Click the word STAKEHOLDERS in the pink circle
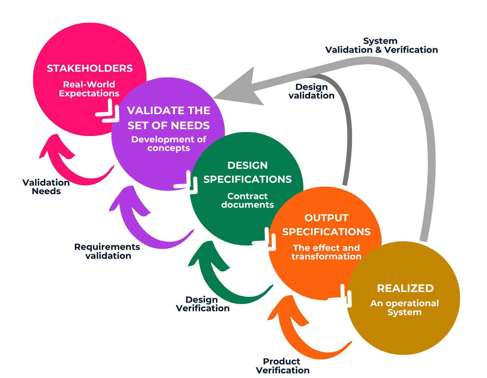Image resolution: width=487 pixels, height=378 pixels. point(90,69)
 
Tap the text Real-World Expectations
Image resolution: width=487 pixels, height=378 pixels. point(89,89)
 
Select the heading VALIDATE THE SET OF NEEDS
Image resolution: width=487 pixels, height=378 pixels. point(169,118)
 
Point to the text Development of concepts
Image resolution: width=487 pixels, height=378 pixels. point(169,143)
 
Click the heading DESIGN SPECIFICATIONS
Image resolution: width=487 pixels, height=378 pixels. point(248,172)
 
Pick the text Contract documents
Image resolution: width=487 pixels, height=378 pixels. point(248,200)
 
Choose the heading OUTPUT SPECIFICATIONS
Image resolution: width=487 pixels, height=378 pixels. point(326,225)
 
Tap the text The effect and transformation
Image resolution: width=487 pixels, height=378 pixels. point(326,252)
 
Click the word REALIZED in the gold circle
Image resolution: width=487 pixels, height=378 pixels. point(405,288)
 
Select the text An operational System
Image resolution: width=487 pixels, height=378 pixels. point(404,308)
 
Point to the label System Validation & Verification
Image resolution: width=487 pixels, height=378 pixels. point(381,46)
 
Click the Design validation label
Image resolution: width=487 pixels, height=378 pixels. point(312,91)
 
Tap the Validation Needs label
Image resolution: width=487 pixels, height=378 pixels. point(46,187)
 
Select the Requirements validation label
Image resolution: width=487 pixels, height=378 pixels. point(107,251)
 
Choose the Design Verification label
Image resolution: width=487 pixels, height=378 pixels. point(203,304)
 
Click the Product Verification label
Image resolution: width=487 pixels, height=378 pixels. point(283,366)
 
